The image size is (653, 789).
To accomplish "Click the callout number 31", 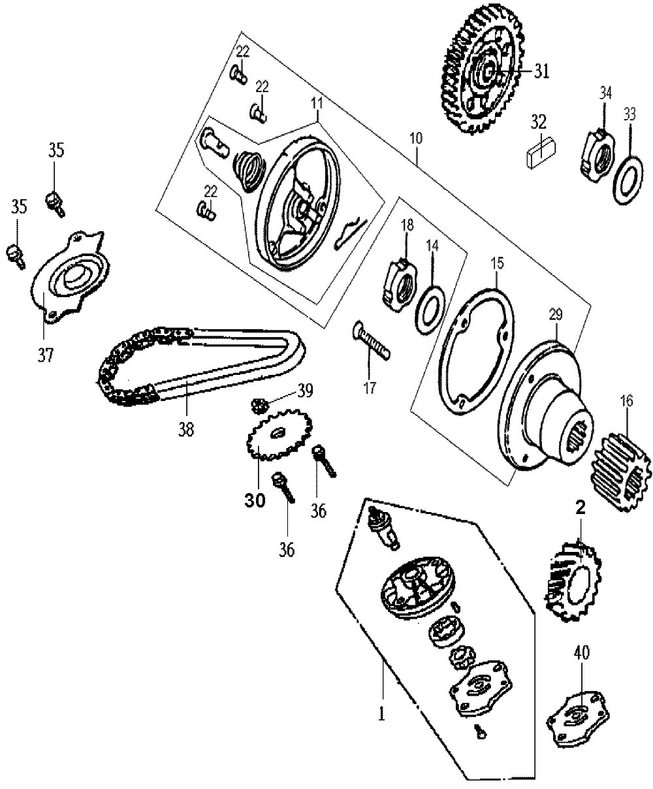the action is click(x=541, y=71).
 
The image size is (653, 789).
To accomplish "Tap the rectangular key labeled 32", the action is click(x=541, y=153).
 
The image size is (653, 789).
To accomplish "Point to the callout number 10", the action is click(x=416, y=138).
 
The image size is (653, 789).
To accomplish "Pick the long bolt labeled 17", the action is click(x=371, y=340).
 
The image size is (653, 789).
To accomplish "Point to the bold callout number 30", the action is click(x=255, y=502).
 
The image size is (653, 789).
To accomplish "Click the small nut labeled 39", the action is click(x=260, y=406).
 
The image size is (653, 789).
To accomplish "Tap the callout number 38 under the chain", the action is click(x=185, y=430).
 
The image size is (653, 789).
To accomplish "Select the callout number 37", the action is click(x=45, y=355).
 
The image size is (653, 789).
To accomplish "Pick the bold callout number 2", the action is click(x=580, y=507).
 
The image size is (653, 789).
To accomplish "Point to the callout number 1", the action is click(x=381, y=713).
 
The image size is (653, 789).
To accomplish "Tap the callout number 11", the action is click(x=317, y=103).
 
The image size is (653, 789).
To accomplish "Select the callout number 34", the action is click(x=605, y=93).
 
